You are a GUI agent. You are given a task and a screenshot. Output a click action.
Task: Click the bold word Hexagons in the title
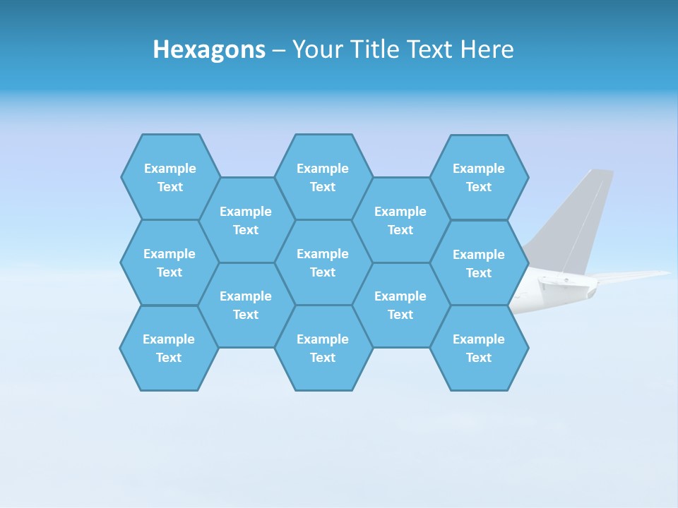209,49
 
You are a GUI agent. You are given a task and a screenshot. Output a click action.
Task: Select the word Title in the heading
379,49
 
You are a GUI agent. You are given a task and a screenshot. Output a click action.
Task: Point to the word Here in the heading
487,49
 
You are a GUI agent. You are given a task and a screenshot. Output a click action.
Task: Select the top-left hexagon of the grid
170,177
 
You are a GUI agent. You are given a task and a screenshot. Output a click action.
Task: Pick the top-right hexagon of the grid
479,177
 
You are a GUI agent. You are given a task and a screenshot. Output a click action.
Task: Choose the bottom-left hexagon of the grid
169,348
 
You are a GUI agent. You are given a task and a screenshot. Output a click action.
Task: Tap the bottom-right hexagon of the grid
479,348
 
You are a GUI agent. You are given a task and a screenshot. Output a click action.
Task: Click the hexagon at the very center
323,262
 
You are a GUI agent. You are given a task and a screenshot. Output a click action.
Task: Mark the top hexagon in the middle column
323,177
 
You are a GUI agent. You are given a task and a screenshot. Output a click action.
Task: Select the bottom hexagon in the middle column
323,348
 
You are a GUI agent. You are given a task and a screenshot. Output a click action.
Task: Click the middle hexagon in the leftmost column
169,262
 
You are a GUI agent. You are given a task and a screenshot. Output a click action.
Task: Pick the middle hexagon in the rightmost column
479,263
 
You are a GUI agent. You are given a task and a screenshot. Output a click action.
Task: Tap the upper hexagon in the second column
246,220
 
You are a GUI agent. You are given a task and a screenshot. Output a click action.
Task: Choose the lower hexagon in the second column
246,305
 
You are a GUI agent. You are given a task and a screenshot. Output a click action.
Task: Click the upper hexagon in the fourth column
400,220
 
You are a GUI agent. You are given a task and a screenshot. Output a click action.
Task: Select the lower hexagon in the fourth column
400,305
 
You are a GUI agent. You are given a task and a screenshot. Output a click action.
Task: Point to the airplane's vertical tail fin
579,219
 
